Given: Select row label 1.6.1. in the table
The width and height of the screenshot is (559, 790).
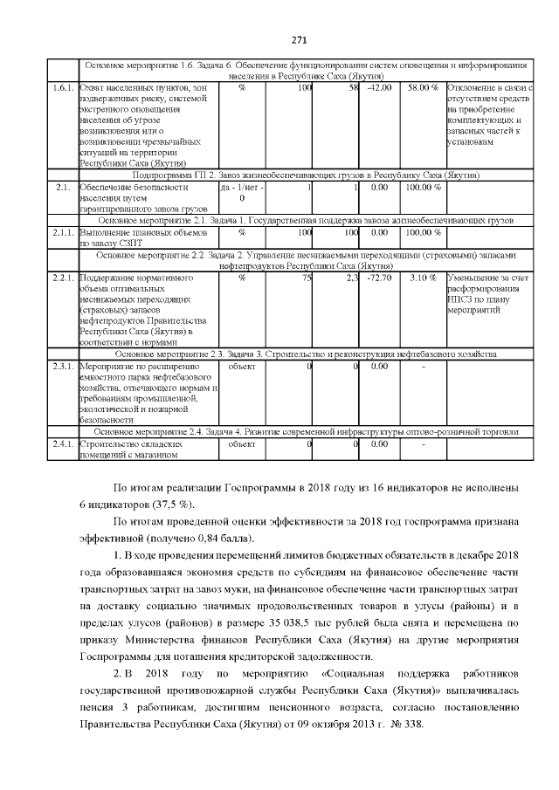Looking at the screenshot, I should click(62, 88).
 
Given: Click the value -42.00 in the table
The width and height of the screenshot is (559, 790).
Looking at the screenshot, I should click(379, 88).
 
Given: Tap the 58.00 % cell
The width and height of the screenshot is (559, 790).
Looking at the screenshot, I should click(423, 88).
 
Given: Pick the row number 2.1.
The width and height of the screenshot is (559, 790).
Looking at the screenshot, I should click(62, 187).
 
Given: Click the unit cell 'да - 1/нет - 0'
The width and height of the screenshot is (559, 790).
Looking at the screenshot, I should click(241, 192).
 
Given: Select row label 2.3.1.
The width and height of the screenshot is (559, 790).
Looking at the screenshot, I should click(62, 367).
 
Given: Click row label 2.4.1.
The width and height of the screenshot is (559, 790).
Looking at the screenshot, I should click(62, 444).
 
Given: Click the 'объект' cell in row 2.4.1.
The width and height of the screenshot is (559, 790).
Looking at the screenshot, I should click(241, 444).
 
